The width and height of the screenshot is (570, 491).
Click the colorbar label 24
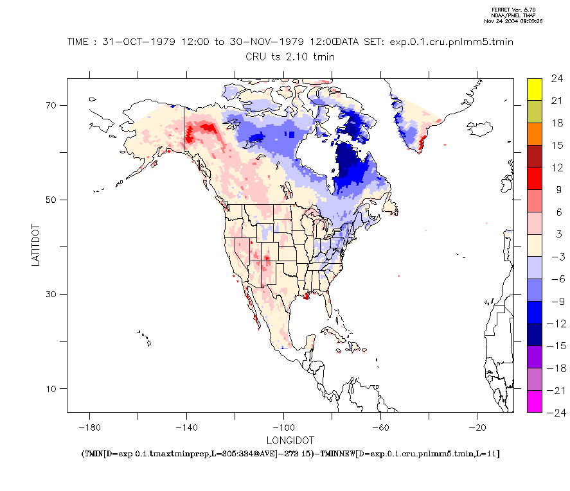pyautogui.click(x=557, y=79)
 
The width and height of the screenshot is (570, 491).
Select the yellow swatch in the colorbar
pyautogui.click(x=534, y=89)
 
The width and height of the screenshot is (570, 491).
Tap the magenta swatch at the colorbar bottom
pyautogui.click(x=534, y=401)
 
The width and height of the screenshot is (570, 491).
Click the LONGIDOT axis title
pyautogui.click(x=290, y=440)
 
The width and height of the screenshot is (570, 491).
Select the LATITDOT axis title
pyautogui.click(x=37, y=245)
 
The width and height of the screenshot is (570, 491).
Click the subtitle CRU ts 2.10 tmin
pyautogui.click(x=290, y=56)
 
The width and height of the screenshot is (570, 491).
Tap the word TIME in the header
pyautogui.click(x=80, y=42)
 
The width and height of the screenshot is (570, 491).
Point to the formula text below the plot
pyautogui.click(x=290, y=454)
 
